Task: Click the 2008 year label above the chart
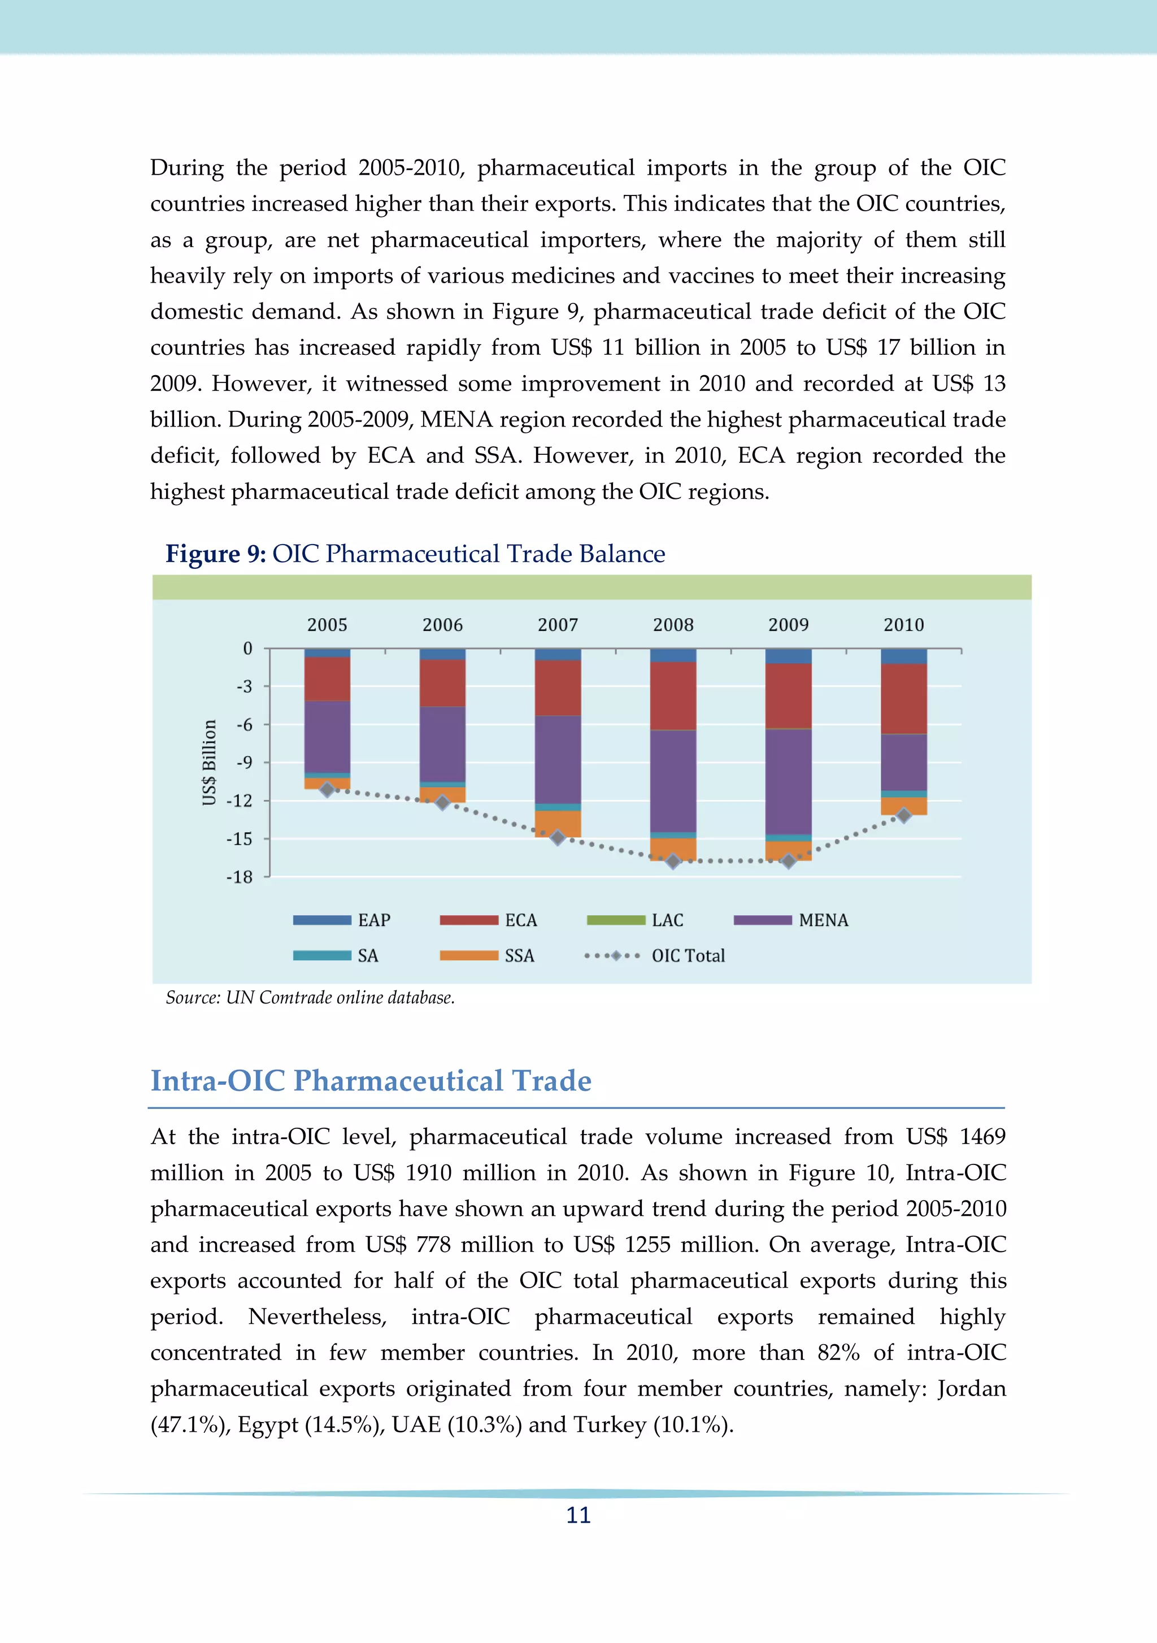pos(673,625)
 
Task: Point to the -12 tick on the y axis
pos(240,801)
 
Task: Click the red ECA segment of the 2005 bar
pos(327,679)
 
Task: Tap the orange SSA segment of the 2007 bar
pos(558,823)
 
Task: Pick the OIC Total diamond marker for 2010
pos(904,815)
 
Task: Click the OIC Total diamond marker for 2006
pos(442,803)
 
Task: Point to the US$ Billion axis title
pos(209,762)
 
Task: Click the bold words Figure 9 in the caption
pos(215,554)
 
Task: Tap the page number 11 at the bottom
pos(578,1515)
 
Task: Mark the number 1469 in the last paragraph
pos(982,1136)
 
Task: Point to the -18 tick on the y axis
pos(240,877)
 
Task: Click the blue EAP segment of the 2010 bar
pos(904,656)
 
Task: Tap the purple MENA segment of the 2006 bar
pos(442,744)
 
